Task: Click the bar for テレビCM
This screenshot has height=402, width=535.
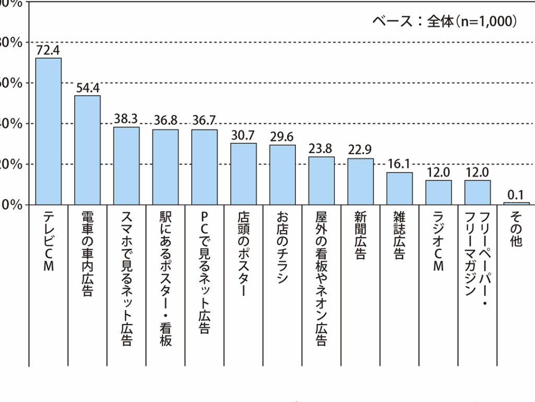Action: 48,131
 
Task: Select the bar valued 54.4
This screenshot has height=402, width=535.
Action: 87,150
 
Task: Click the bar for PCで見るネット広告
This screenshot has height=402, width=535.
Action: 204,167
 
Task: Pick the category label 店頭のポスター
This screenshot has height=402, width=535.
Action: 243,254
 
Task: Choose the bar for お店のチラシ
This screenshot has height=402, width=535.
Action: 282,174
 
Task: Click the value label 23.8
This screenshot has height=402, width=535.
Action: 321,149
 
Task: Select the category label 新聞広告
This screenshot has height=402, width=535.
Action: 360,236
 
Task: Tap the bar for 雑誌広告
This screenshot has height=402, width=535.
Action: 399,188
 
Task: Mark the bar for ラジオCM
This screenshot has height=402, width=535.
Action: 438,192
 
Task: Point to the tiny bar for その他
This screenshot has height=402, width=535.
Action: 516,203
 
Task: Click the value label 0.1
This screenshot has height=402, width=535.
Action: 516,195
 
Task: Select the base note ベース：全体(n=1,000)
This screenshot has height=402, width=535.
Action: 445,21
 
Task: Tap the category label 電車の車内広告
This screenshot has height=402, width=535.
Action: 87,254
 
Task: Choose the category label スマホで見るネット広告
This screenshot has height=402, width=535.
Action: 126,279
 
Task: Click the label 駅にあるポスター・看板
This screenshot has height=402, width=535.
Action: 165,279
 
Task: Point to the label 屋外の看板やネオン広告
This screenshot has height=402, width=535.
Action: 321,279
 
